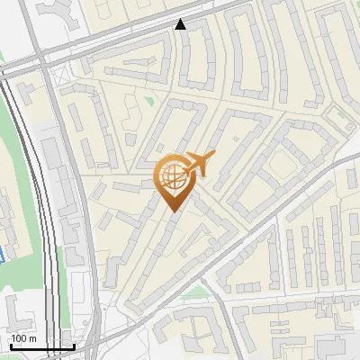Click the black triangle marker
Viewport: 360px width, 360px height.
pos(181,24)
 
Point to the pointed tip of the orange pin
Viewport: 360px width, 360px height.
pos(171,211)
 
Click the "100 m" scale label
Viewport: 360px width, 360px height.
pos(23,338)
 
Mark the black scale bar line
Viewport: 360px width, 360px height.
pos(41,346)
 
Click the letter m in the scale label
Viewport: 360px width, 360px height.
pos(32,338)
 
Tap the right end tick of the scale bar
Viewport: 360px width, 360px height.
pos(74,345)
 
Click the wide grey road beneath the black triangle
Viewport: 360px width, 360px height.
pos(180,40)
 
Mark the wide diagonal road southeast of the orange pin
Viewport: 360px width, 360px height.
pos(270,225)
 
